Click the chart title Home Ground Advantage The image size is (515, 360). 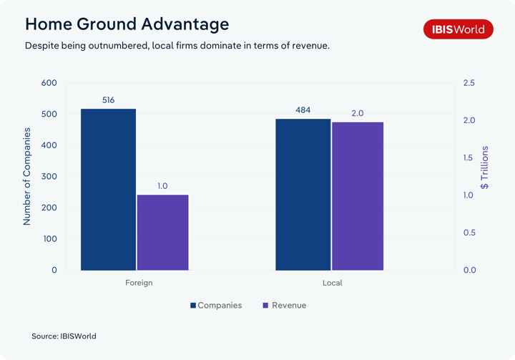tap(127, 24)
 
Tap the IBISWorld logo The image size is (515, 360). tap(458, 29)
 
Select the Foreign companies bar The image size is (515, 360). tap(108, 190)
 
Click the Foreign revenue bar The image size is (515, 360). tap(162, 233)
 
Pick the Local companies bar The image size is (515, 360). tap(303, 195)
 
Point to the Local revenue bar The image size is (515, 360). tap(358, 196)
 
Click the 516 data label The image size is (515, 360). tap(108, 100)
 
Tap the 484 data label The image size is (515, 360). tap(303, 110)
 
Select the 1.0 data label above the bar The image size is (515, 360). tap(162, 186)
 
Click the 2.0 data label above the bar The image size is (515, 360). tap(358, 114)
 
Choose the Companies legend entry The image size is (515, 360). tap(216, 306)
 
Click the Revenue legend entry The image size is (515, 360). tap(285, 306)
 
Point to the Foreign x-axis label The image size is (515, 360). tap(139, 283)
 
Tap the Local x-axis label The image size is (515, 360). tap(332, 283)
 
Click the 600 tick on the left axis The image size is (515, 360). tap(49, 83)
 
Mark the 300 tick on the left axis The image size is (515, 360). tap(49, 177)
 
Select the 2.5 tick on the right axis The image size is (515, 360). tap(469, 83)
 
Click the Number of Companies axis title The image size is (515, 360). tap(27, 177)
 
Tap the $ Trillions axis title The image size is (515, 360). tap(485, 167)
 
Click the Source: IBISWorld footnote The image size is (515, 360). tap(64, 336)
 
